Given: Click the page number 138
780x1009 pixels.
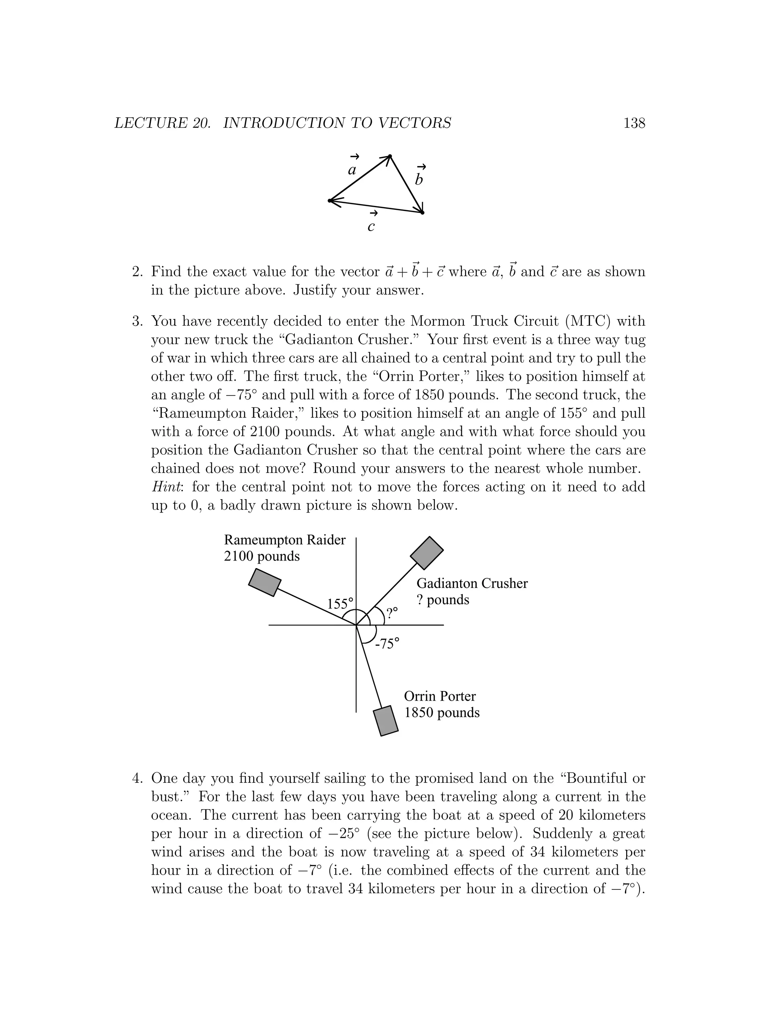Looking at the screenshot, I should tap(634, 123).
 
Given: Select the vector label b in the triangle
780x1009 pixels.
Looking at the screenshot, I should tap(419, 179).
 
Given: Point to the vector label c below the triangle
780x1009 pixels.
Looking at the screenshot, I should tap(371, 227).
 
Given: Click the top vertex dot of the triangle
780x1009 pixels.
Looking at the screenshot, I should tap(390, 156).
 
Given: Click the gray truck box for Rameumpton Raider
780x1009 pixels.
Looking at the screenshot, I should tap(265, 582).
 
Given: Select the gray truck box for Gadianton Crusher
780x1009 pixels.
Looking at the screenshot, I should tap(427, 553).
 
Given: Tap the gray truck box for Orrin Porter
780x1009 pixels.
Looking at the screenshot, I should tap(385, 721).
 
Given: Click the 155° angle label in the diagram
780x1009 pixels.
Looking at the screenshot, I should tap(340, 604).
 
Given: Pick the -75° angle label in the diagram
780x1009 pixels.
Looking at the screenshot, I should tap(387, 643).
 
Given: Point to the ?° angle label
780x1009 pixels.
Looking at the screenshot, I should tap(392, 613).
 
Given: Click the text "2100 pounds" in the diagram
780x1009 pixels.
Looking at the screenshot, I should tap(262, 556).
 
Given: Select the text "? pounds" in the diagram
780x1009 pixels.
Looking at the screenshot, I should tap(443, 600).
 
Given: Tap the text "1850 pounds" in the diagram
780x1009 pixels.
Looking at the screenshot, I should tap(442, 712).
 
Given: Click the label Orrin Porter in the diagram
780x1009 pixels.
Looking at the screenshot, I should tap(440, 696).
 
